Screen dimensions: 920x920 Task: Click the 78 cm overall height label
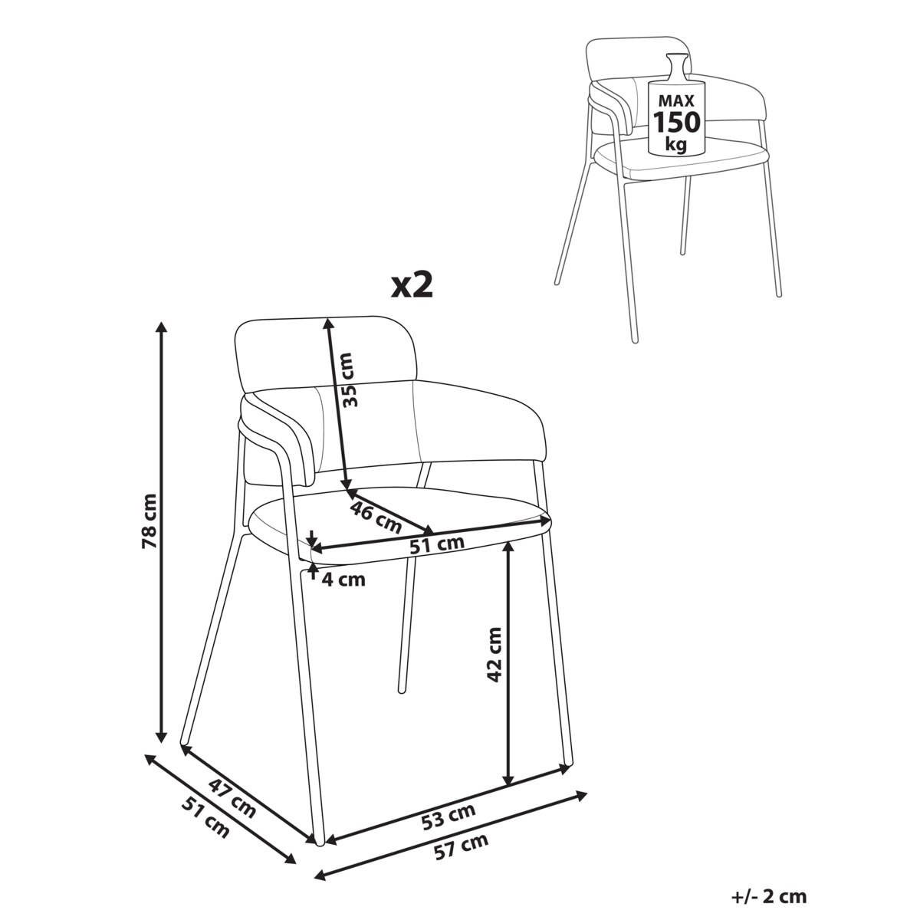pyautogui.click(x=149, y=521)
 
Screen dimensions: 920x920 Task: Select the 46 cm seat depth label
pyautogui.click(x=376, y=517)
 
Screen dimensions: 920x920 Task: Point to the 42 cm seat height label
pyautogui.click(x=495, y=655)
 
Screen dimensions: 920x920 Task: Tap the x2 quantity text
pyautogui.click(x=412, y=286)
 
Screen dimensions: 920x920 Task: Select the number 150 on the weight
pyautogui.click(x=676, y=122)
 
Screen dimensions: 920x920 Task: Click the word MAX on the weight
pyautogui.click(x=676, y=100)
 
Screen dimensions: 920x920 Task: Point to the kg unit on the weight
pyautogui.click(x=676, y=144)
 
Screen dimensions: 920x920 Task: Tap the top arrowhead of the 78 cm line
pyautogui.click(x=163, y=327)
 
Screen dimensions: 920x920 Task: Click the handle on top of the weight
pyautogui.click(x=678, y=67)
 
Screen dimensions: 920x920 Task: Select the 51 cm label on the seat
pyautogui.click(x=437, y=544)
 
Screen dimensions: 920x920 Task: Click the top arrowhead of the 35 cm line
pyautogui.click(x=327, y=324)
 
